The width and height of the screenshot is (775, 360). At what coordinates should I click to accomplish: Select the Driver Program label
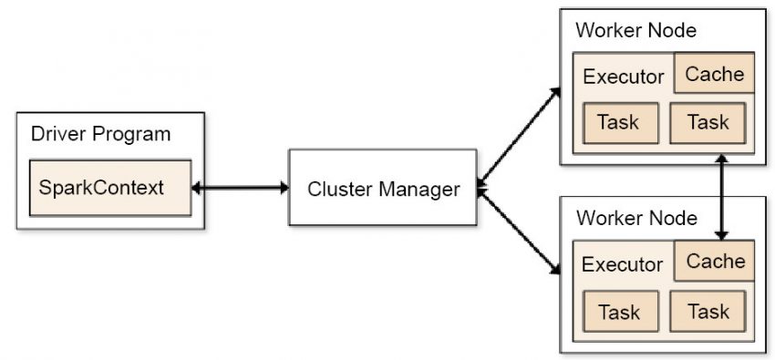(100, 134)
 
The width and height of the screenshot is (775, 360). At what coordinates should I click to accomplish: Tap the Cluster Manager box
(382, 189)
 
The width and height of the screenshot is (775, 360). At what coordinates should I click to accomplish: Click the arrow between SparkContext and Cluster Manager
(240, 189)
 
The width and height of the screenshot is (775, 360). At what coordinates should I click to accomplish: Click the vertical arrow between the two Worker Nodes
(723, 196)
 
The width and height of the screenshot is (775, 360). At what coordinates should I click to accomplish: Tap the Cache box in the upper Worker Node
(715, 74)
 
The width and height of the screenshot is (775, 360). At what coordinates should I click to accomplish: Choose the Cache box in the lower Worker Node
(715, 262)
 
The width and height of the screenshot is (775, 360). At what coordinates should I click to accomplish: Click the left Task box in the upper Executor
(619, 122)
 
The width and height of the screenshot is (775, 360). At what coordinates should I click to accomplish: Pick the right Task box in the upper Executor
(708, 122)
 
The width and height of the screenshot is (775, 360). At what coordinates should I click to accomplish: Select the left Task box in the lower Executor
(619, 313)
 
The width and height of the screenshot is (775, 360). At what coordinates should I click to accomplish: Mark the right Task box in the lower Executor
(708, 312)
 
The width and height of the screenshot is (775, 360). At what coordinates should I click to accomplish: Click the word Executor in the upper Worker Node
(623, 77)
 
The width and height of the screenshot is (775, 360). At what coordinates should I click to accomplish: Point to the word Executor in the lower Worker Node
(623, 264)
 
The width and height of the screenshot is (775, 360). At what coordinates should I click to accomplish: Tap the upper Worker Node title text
(635, 30)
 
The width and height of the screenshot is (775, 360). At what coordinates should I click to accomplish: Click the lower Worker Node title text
(635, 219)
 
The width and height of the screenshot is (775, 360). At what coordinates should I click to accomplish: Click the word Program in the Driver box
(136, 134)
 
